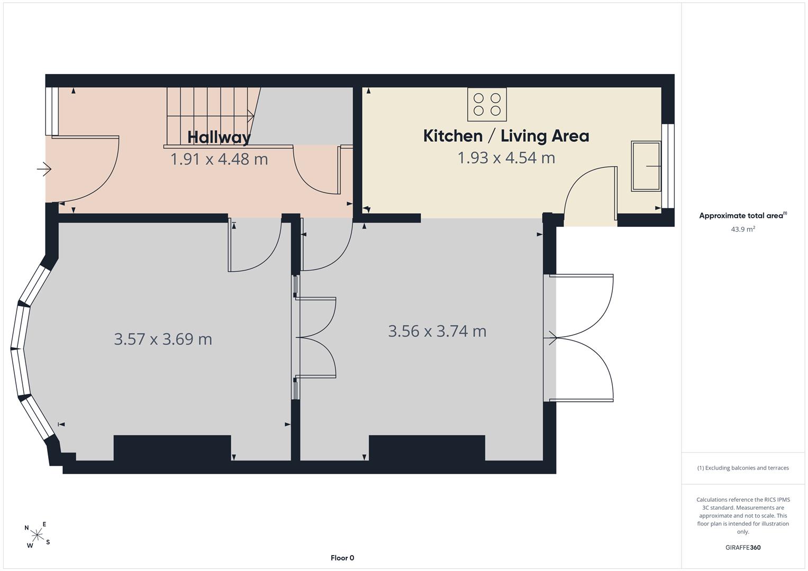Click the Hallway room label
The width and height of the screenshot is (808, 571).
point(219,137)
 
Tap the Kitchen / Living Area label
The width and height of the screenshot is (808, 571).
point(506,136)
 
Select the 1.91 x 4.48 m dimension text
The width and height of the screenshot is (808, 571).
point(219,159)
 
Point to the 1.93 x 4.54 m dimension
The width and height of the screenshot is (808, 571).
point(506,158)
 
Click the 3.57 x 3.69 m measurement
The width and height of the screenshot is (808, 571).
point(163,339)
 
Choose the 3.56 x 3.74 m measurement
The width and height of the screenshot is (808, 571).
point(437,331)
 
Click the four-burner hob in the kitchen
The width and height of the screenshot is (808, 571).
point(487,104)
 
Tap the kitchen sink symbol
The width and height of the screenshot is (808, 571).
point(646,166)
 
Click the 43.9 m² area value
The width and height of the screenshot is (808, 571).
point(743,229)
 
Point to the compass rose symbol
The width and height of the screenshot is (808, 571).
point(37,534)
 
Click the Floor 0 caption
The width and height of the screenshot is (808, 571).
point(342,558)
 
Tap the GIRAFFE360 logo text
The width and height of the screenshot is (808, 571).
point(743,547)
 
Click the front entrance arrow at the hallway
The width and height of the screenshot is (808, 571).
point(44,169)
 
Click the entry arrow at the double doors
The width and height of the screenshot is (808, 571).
point(550,338)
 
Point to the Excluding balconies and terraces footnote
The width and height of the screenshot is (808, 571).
point(743,468)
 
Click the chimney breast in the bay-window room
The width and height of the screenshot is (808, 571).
point(172,448)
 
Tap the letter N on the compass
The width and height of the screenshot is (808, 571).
point(26,528)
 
